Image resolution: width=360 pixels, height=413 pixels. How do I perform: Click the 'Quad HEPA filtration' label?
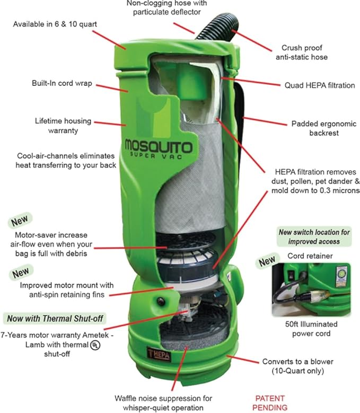pos(319,85)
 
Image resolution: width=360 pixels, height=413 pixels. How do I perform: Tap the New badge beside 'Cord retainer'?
pos(267,261)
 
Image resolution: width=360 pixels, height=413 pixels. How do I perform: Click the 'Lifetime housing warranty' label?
pos(56,125)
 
